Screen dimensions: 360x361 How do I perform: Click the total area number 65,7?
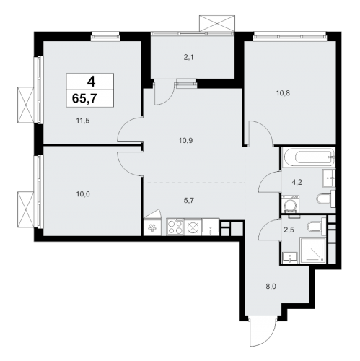[84, 98]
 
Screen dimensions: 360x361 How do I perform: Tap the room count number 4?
[91, 82]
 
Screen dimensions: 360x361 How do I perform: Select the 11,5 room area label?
[83, 121]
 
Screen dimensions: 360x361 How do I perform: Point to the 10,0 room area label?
[83, 194]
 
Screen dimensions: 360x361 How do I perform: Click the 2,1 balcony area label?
[188, 58]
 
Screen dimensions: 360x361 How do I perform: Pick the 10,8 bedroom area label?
[283, 93]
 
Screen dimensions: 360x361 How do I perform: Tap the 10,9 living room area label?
[185, 141]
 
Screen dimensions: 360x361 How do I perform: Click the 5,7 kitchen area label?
[188, 201]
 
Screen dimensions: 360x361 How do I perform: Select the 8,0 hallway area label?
[271, 287]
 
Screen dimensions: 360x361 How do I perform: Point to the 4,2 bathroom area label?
[297, 182]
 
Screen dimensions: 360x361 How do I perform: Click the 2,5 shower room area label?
[289, 230]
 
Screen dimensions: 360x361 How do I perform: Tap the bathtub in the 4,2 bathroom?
[309, 157]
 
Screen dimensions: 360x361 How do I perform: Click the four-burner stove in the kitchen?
[175, 227]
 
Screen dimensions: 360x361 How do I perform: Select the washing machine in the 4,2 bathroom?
[290, 204]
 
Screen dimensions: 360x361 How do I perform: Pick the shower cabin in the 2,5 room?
[312, 251]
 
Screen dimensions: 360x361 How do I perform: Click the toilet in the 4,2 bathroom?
[326, 199]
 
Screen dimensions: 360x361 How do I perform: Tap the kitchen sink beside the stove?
[211, 227]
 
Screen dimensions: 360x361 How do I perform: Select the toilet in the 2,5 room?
[316, 226]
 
